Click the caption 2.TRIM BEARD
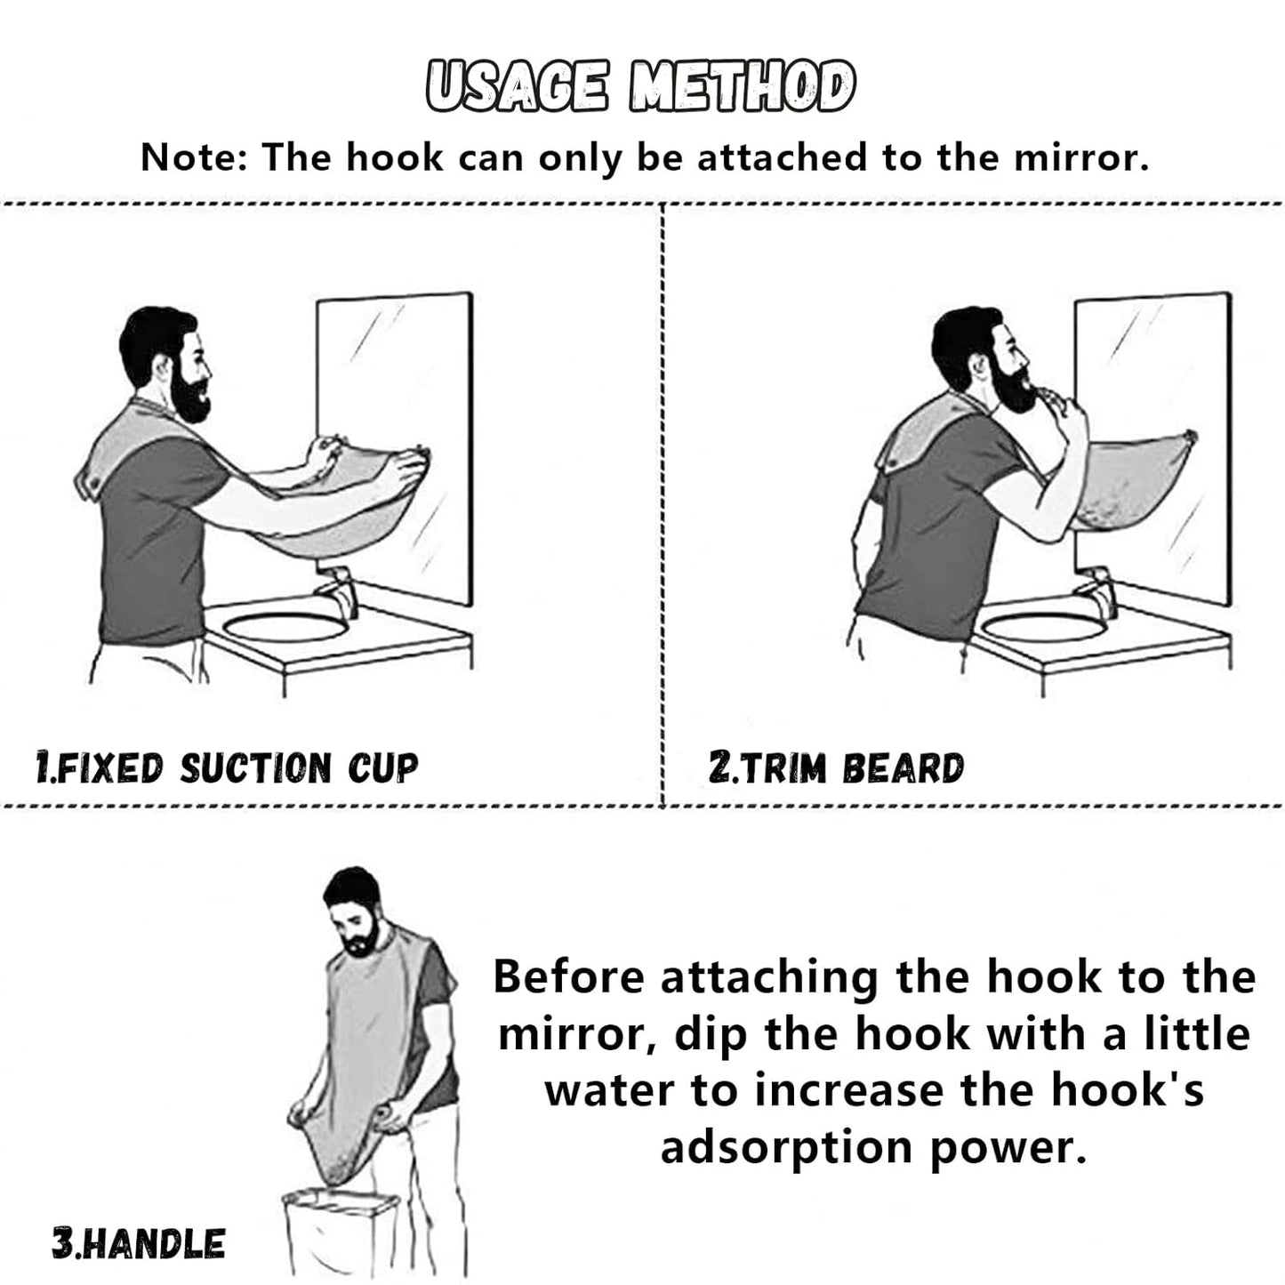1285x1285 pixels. click(x=836, y=767)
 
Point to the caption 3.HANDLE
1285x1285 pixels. click(x=139, y=1242)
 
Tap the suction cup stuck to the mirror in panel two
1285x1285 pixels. click(x=1190, y=435)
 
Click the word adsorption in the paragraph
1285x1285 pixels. click(x=785, y=1147)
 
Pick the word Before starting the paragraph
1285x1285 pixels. click(x=568, y=976)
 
